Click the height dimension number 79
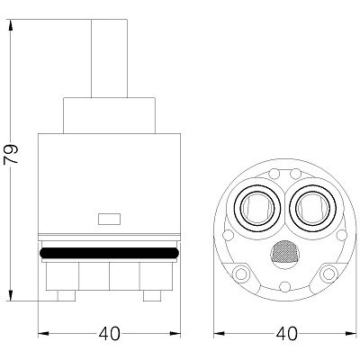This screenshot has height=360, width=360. pos(11,154)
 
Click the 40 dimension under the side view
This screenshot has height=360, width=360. pos(110,333)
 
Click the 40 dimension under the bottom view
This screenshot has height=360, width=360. pos(286,333)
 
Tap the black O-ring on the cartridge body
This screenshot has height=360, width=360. pos(109,252)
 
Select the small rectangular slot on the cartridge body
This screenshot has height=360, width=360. pos(109,219)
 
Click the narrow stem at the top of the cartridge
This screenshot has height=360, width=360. pos(109,58)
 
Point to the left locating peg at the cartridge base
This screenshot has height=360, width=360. pos(67,295)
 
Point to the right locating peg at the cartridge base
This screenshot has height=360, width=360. pos(152,295)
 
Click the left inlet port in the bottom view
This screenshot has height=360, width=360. pos(257,207)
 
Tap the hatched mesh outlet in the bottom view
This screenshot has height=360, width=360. pos(285,251)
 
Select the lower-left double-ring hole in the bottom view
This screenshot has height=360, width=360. pos(241,274)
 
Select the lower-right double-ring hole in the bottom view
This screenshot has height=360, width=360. pos(328,274)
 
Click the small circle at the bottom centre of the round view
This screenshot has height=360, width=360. pos(284,286)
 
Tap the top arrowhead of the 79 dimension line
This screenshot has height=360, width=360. pos(11,25)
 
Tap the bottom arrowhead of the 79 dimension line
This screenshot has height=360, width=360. pos(11,295)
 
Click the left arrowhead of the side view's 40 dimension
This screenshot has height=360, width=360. pos(43,333)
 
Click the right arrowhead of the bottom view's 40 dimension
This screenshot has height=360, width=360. pos(351,333)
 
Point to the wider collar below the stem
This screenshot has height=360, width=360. pos(109,115)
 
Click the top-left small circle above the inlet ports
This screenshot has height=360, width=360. pos(274,174)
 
